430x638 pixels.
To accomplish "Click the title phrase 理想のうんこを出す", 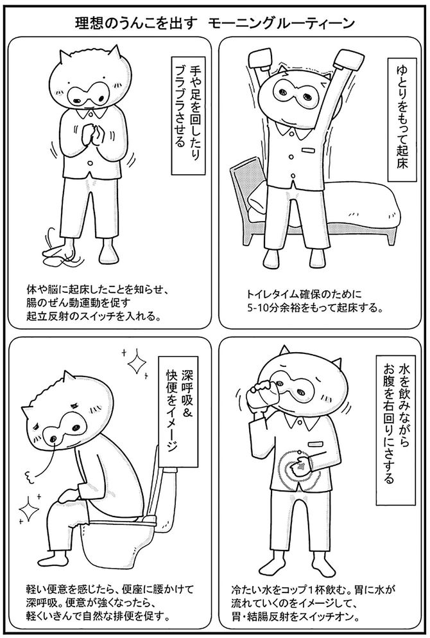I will pos(128,24).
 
